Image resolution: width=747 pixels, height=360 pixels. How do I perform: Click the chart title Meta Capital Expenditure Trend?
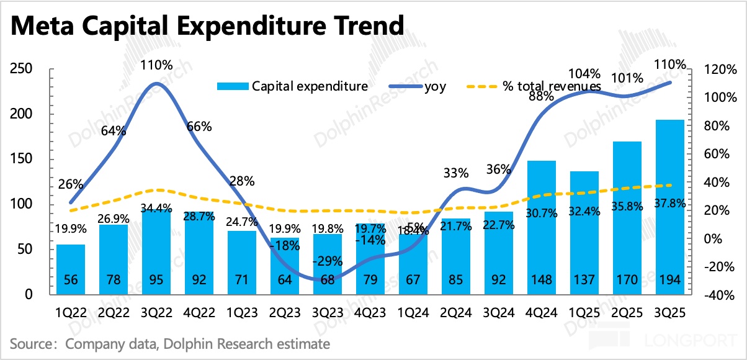click(207, 26)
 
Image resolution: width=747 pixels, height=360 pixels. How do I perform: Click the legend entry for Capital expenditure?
click(292, 86)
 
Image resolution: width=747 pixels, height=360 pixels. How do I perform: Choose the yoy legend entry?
click(418, 86)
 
